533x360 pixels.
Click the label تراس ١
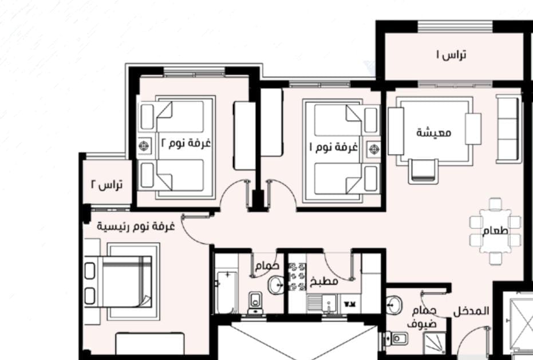[x=451, y=55]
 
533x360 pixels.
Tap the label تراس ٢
[x=106, y=185]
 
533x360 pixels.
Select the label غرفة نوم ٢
[x=185, y=143]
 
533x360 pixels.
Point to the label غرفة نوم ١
[x=333, y=147]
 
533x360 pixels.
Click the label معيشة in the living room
[x=434, y=132]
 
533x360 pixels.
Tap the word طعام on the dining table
[x=495, y=231]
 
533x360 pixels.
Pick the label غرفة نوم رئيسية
[x=136, y=227]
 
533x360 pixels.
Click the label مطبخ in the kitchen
[x=324, y=282]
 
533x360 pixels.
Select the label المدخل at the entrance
[x=471, y=311]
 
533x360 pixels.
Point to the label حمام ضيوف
[x=422, y=318]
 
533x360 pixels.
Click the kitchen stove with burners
[x=297, y=276]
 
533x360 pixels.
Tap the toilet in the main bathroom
[x=255, y=303]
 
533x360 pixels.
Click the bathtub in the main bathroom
[x=226, y=292]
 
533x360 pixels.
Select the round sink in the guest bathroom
[x=394, y=305]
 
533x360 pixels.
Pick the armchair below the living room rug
[x=423, y=171]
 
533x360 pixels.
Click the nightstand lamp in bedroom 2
[x=144, y=146]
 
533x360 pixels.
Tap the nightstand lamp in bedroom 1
[x=374, y=149]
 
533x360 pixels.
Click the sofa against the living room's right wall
[x=509, y=129]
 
